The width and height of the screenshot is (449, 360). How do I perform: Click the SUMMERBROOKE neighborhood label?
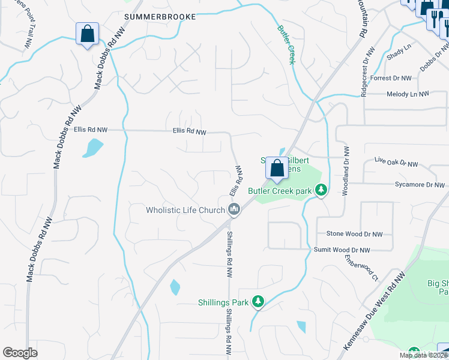[160, 17]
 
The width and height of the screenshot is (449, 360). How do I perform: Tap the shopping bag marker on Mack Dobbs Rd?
[88, 35]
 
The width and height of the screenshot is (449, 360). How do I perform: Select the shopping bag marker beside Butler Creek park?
[277, 169]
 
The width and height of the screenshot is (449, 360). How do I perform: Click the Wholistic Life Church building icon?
[234, 209]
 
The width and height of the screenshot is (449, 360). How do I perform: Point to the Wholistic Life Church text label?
[185, 210]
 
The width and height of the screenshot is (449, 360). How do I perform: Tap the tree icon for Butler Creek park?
[322, 190]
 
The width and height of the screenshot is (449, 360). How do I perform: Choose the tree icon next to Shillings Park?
[258, 301]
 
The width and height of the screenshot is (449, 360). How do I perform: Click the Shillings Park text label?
[223, 302]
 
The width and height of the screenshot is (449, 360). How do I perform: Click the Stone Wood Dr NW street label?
[354, 234]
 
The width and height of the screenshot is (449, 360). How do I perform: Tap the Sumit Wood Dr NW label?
[342, 250]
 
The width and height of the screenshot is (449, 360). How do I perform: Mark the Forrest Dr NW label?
[391, 78]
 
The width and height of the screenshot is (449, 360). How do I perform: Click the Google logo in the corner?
[20, 353]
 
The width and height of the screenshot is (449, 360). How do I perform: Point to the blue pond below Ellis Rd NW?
[93, 148]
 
